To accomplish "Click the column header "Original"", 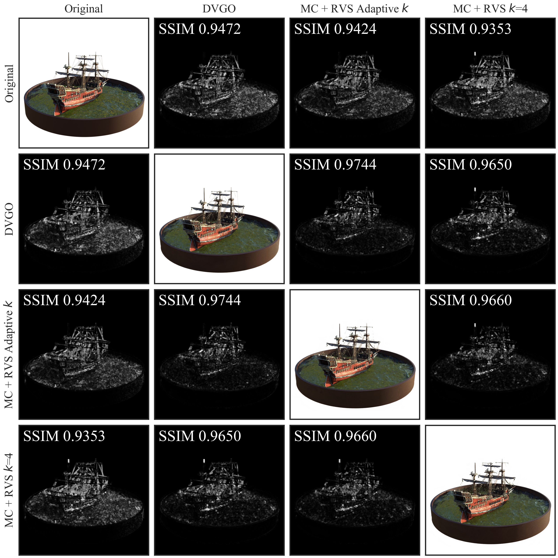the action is pyautogui.click(x=84, y=9).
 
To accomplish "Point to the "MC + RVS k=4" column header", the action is pyautogui.click(x=490, y=9).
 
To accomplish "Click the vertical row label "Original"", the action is pyautogui.click(x=9, y=84).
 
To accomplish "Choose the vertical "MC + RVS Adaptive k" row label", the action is pyautogui.click(x=9, y=355).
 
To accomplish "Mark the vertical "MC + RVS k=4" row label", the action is pyautogui.click(x=9, y=490).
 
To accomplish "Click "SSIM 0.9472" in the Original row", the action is pyautogui.click(x=200, y=29).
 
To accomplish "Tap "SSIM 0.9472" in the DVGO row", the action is pyautogui.click(x=64, y=165).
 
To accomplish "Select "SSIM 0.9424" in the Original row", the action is pyautogui.click(x=335, y=29).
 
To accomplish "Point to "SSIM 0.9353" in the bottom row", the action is pyautogui.click(x=64, y=436).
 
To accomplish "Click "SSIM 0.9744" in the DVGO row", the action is pyautogui.click(x=335, y=165).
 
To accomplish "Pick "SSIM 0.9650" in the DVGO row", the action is pyautogui.click(x=470, y=165).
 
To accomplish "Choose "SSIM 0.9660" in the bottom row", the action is pyautogui.click(x=335, y=436).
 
